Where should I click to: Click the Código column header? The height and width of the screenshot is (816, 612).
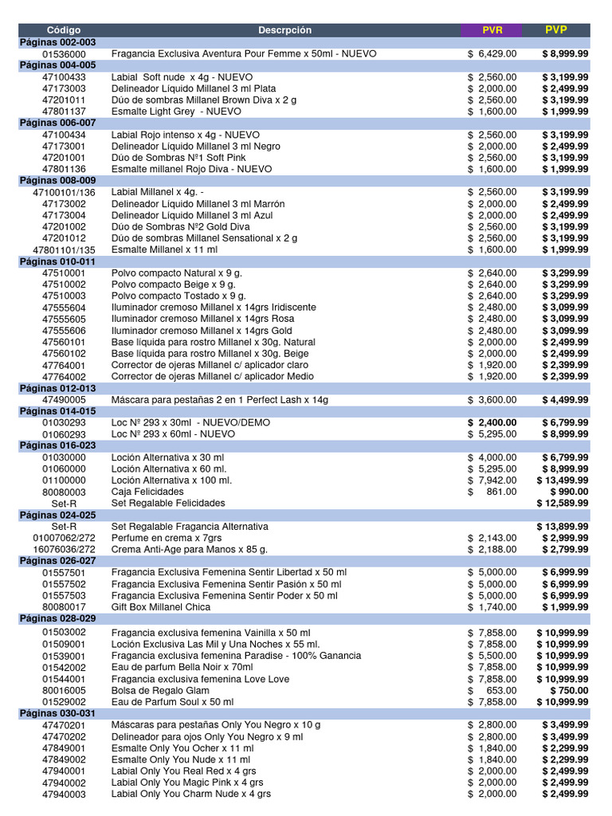click(64, 30)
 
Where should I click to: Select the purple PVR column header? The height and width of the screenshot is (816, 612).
click(492, 30)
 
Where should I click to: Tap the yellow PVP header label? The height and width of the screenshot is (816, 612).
click(556, 30)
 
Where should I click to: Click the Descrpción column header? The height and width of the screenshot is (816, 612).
click(284, 30)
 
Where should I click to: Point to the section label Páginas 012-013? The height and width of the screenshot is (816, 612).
click(57, 388)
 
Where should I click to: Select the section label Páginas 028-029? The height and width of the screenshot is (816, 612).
click(57, 618)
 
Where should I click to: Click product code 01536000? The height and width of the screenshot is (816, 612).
click(64, 53)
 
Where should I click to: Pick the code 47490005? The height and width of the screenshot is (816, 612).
click(64, 400)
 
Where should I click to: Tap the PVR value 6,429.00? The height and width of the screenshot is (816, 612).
click(496, 53)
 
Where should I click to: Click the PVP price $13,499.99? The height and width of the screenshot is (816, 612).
click(563, 481)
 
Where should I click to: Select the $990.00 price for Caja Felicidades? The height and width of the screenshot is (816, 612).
click(569, 492)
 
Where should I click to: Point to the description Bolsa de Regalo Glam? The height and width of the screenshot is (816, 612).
click(160, 690)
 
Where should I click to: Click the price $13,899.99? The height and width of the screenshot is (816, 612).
click(563, 527)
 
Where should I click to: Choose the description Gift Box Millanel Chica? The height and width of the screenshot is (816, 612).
click(161, 607)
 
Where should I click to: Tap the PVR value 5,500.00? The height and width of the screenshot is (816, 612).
click(496, 656)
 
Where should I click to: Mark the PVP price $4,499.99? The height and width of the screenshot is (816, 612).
click(565, 400)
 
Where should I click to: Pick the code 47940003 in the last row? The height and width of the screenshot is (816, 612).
click(64, 794)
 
